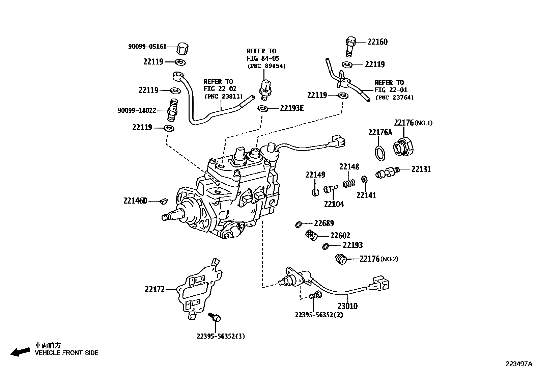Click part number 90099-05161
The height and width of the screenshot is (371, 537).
(147, 47)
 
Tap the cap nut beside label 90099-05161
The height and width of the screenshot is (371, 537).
(182, 49)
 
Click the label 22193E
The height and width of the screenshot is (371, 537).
(292, 108)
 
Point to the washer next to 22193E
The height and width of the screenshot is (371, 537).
(262, 108)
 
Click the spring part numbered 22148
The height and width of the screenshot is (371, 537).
(349, 183)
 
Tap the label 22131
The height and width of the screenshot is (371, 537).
(421, 169)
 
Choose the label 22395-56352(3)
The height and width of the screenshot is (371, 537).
(221, 336)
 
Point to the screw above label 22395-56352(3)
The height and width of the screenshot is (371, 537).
(215, 317)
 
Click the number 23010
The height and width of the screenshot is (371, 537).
(347, 306)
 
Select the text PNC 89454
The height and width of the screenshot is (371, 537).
(266, 66)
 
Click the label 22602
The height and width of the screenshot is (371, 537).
(340, 236)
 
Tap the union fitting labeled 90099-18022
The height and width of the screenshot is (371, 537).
(173, 110)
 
